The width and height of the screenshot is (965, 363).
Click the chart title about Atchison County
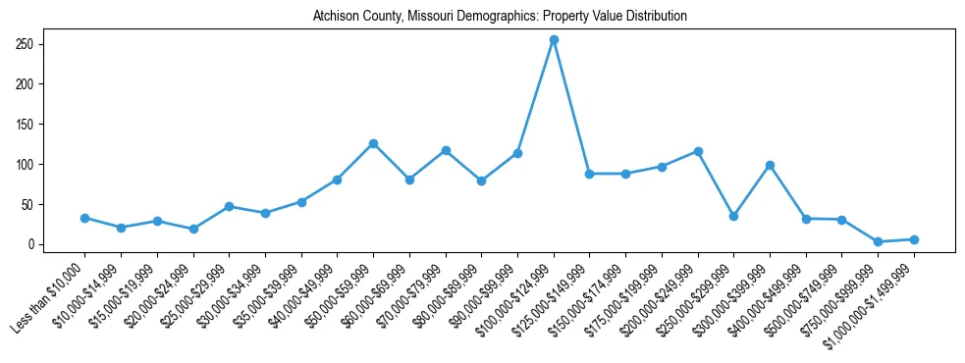(x=499, y=17)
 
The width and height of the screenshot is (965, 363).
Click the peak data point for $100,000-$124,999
(x=554, y=40)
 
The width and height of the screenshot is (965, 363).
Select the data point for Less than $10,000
(x=84, y=218)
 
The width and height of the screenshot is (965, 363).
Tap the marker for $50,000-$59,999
(x=373, y=143)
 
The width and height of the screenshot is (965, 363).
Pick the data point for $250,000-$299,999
(x=733, y=216)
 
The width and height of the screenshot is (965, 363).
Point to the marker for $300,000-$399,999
(x=770, y=165)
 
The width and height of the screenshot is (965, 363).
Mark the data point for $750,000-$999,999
(x=878, y=241)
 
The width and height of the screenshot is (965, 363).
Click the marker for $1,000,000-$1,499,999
(x=914, y=239)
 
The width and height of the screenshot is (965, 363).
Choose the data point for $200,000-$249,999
(x=698, y=151)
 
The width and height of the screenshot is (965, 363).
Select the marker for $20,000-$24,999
(x=193, y=229)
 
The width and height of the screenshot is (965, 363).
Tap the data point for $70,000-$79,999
(x=446, y=150)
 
